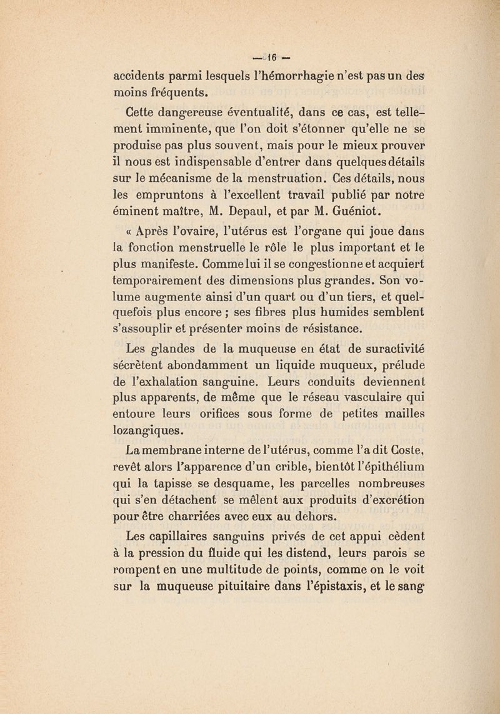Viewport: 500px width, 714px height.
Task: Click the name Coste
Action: coord(407,449)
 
